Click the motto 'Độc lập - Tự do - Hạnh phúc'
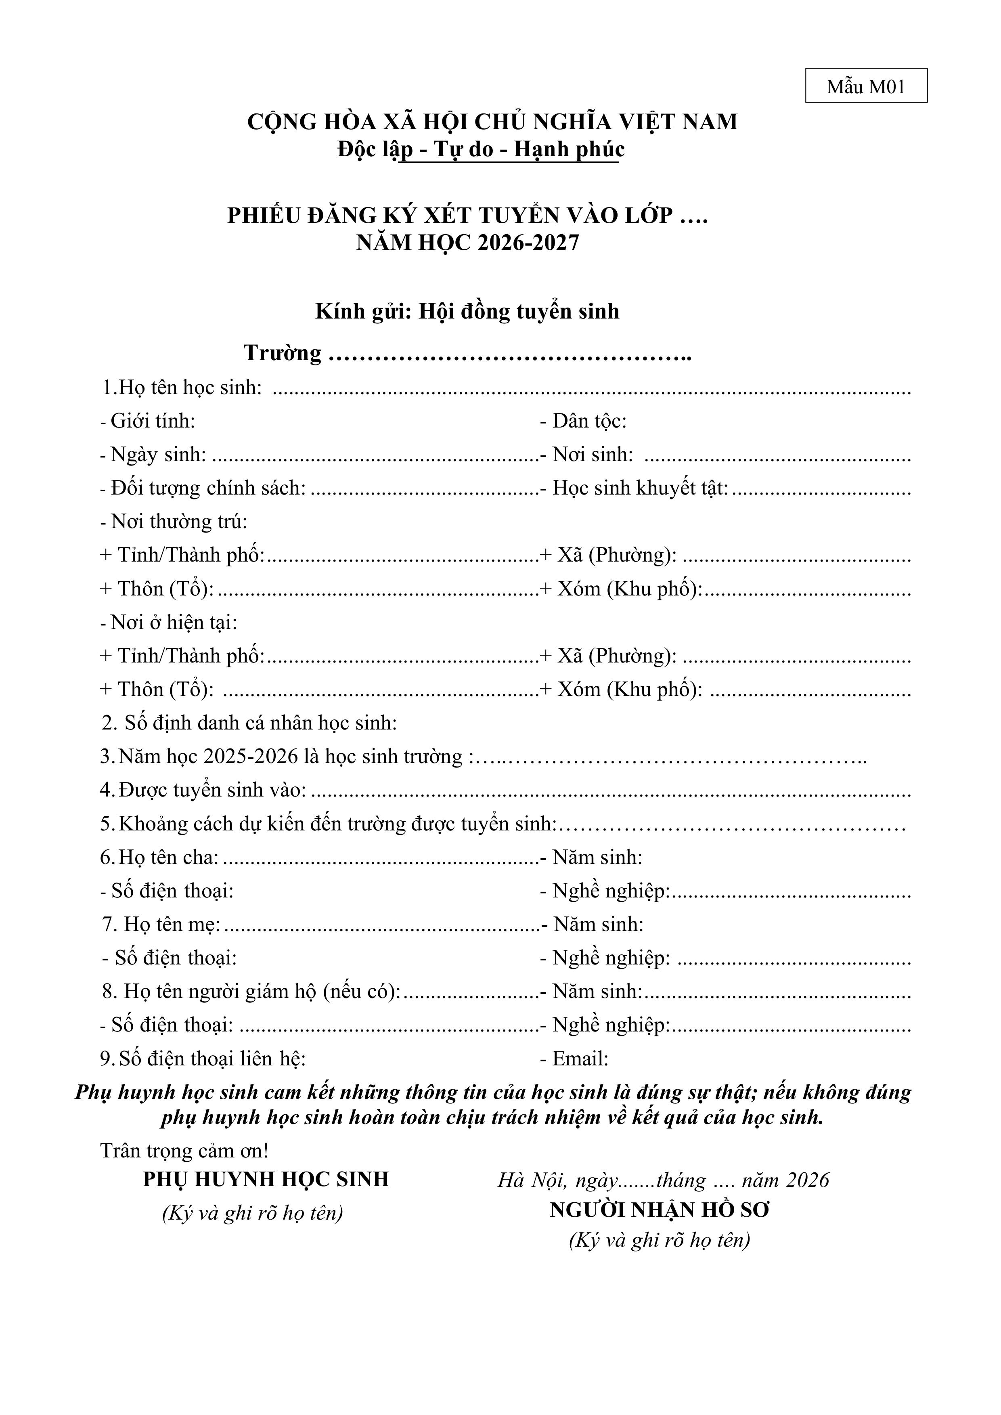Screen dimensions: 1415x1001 [x=481, y=150]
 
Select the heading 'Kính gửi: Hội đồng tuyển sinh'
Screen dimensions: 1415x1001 [x=467, y=311]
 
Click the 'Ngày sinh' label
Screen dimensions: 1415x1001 [x=158, y=455]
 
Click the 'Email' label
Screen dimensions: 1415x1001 [x=579, y=1059]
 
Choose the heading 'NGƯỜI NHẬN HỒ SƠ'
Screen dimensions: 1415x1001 [x=660, y=1210]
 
